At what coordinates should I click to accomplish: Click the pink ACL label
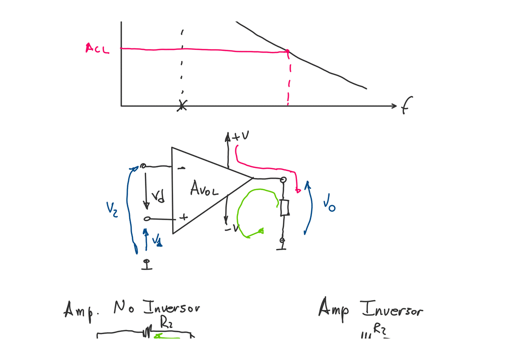click(97, 48)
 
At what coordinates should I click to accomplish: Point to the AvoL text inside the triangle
click(204, 188)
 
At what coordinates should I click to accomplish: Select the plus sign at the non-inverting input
click(183, 217)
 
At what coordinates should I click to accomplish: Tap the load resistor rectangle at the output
click(284, 208)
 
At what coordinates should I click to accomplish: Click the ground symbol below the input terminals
click(146, 264)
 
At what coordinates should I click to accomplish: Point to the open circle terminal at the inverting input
click(143, 167)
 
